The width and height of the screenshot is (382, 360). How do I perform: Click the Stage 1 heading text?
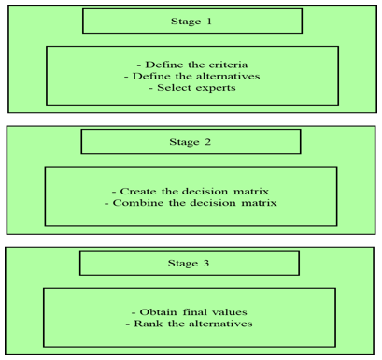coord(191,22)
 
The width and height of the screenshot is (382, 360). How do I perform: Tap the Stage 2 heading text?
coord(190,142)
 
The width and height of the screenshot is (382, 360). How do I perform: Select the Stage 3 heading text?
coord(189,264)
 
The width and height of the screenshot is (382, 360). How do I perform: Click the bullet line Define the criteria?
coord(192,65)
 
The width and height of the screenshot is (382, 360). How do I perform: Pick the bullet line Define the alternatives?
coord(192,76)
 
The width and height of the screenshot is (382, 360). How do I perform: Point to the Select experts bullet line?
coord(192,88)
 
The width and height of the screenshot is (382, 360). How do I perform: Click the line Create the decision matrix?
coord(191,191)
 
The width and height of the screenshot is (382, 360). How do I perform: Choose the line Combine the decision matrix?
coord(191,203)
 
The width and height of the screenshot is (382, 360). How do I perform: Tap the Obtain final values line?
coord(190,312)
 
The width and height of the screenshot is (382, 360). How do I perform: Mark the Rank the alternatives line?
coord(189,324)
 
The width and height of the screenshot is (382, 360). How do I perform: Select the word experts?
coord(216,88)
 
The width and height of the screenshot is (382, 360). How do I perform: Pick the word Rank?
coord(149,324)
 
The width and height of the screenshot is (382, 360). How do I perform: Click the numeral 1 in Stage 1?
coord(209,22)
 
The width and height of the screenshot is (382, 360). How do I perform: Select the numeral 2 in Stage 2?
coord(207,142)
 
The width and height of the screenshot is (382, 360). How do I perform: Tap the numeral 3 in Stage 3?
coord(206,263)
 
